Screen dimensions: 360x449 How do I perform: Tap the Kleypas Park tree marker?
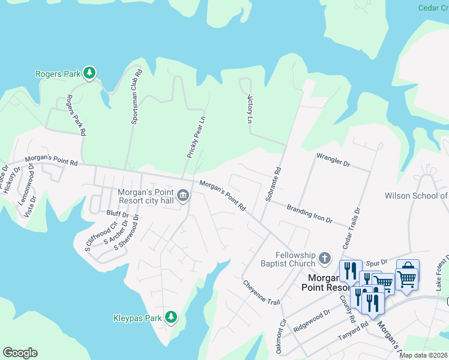pyautogui.click(x=172, y=316)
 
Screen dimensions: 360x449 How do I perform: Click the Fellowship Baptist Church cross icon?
pyautogui.click(x=325, y=259)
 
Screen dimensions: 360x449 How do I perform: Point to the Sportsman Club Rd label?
pyautogui.click(x=137, y=97)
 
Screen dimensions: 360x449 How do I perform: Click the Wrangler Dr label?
pyautogui.click(x=333, y=161)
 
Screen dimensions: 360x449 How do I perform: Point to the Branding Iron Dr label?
pyautogui.click(x=309, y=214)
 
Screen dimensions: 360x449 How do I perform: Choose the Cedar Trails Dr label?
pyautogui.click(x=351, y=230)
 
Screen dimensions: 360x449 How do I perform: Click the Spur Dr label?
pyautogui.click(x=375, y=263)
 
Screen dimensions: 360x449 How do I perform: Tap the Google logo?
pyautogui.click(x=20, y=352)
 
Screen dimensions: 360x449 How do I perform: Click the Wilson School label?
pyautogui.click(x=416, y=196)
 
